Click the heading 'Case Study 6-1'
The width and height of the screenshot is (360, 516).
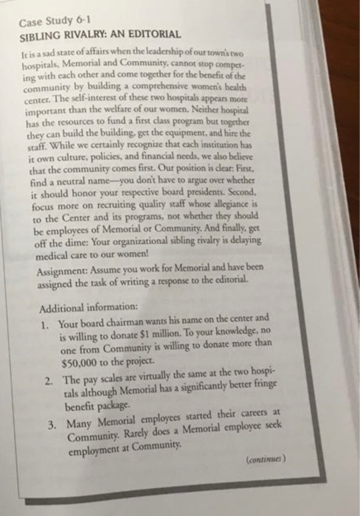pos(56,21)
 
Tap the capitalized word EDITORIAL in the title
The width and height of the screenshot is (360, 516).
pos(153,35)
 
